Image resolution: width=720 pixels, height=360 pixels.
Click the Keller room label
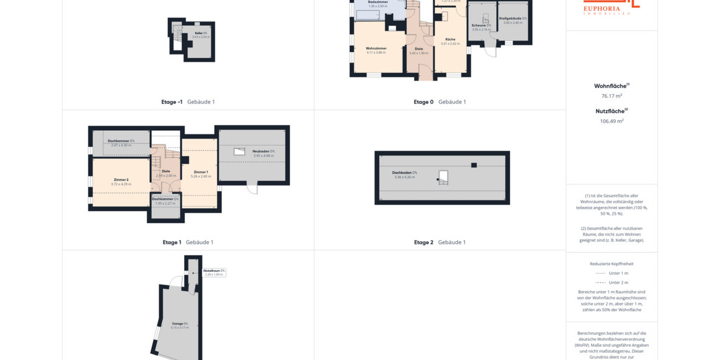pyautogui.click(x=200, y=33)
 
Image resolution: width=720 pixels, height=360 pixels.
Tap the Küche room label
pyautogui.click(x=450, y=40)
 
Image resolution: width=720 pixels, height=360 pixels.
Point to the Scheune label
pyautogui.click(x=481, y=25)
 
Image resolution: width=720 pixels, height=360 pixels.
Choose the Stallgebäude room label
pyautogui.click(x=513, y=19)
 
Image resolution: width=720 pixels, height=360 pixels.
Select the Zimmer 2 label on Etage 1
pyautogui.click(x=121, y=179)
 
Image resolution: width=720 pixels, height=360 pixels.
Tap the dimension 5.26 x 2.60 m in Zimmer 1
pyautogui.click(x=200, y=176)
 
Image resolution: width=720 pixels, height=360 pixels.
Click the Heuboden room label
pyautogui.click(x=263, y=151)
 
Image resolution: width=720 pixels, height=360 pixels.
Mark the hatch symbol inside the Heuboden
pyautogui.click(x=239, y=152)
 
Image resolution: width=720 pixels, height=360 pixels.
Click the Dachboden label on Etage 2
pyautogui.click(x=405, y=173)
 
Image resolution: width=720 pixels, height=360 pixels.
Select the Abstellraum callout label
pyautogui.click(x=214, y=271)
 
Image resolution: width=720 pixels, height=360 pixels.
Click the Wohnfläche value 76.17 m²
pyautogui.click(x=611, y=96)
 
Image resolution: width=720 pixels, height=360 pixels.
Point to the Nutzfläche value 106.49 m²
pyautogui.click(x=611, y=121)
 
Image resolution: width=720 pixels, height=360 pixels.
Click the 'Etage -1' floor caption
pyautogui.click(x=172, y=102)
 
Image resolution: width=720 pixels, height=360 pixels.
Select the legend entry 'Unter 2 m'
pyautogui.click(x=618, y=283)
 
